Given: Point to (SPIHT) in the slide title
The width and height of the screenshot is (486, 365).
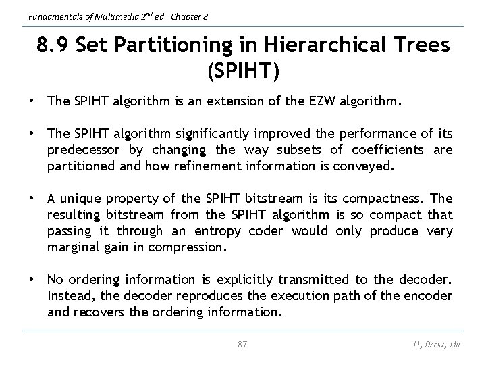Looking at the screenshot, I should click(x=242, y=70).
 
